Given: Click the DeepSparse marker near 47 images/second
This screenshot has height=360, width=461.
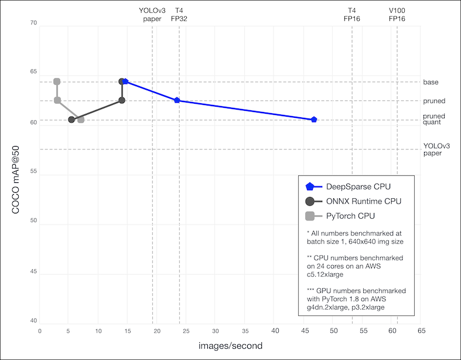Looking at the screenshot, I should pos(314,120).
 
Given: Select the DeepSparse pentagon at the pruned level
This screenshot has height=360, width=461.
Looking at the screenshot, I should pos(177,100).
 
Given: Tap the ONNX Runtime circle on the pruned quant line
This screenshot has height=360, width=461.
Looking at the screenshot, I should pos(71,120).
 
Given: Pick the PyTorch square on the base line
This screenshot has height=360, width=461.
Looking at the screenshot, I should pos(57,81).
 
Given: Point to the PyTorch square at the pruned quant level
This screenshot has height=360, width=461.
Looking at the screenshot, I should pos(81,120).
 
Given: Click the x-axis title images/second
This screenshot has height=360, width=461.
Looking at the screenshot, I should pos(230,345).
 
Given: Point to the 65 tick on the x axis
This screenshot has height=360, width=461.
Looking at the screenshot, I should pos(421,331).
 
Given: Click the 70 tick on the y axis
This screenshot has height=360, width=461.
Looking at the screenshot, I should pos(33,23).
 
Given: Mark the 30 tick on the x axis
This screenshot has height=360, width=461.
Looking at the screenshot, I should pos(216,331).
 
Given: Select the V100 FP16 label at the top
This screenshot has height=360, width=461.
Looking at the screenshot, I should pos(397,15).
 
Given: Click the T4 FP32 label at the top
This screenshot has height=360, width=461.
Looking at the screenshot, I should pos(179,15).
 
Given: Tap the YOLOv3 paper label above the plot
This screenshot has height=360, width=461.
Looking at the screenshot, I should pos(152,15).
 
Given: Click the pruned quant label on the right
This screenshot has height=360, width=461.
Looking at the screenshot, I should pos(433,119).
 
